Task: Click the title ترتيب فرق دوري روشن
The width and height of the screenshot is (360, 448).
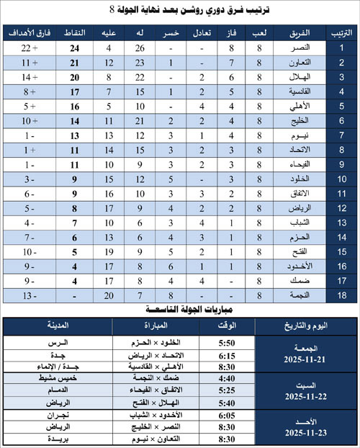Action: (x=179, y=11)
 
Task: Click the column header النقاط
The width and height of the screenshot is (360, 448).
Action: (x=74, y=34)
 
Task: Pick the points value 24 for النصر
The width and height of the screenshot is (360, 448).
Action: (x=74, y=48)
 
